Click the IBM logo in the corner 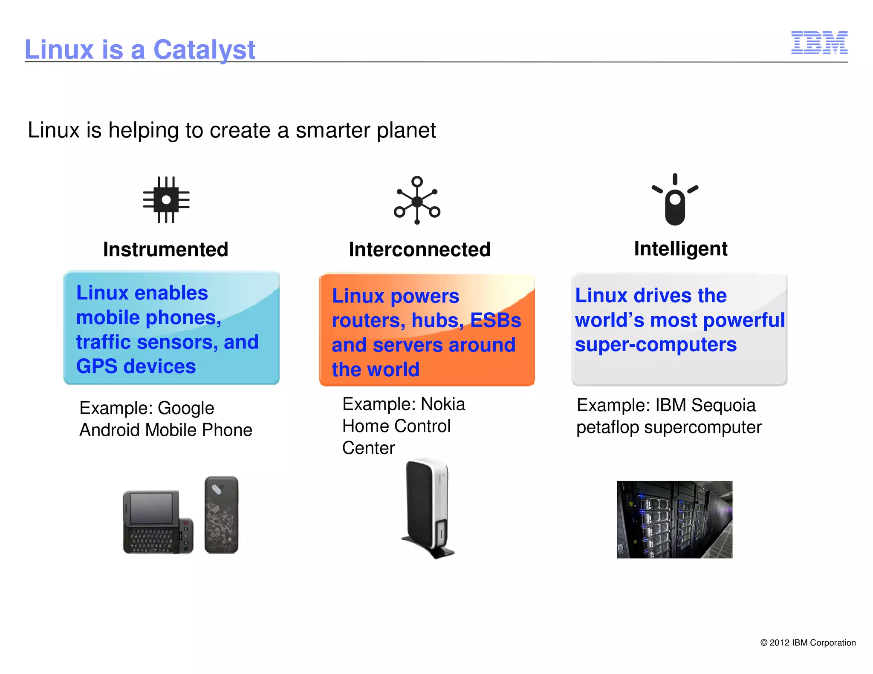point(819,43)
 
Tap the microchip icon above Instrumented point(166,199)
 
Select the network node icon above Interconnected point(417,200)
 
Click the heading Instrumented point(165,249)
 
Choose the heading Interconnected point(419,249)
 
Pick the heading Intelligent point(680,248)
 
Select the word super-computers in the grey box point(655,345)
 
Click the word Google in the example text point(186,408)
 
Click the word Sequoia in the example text point(723,405)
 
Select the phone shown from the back point(221,515)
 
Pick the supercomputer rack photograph point(674,519)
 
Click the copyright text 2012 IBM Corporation point(808,642)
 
